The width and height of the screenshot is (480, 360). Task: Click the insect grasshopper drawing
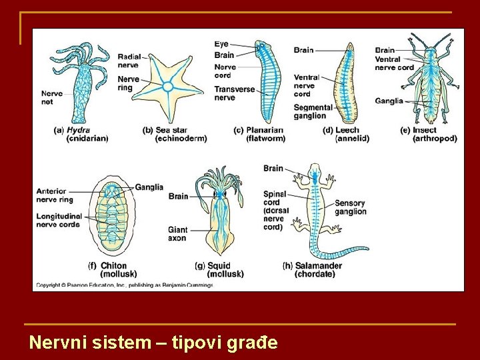(x=430, y=83)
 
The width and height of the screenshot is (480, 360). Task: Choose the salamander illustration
(x=320, y=213)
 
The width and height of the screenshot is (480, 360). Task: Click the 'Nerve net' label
(x=51, y=98)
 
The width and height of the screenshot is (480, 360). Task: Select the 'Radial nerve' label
(x=128, y=61)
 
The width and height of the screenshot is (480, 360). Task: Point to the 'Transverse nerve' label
(x=234, y=93)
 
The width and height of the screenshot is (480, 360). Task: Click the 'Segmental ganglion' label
(x=313, y=111)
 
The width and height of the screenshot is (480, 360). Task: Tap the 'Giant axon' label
(x=177, y=233)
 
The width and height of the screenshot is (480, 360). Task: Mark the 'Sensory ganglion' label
(x=350, y=207)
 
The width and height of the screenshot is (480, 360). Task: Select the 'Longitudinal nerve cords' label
(x=59, y=220)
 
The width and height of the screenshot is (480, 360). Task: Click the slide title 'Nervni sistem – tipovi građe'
(x=153, y=343)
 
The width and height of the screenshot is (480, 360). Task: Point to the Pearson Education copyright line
(x=124, y=285)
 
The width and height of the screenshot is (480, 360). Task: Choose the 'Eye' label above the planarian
(x=221, y=44)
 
